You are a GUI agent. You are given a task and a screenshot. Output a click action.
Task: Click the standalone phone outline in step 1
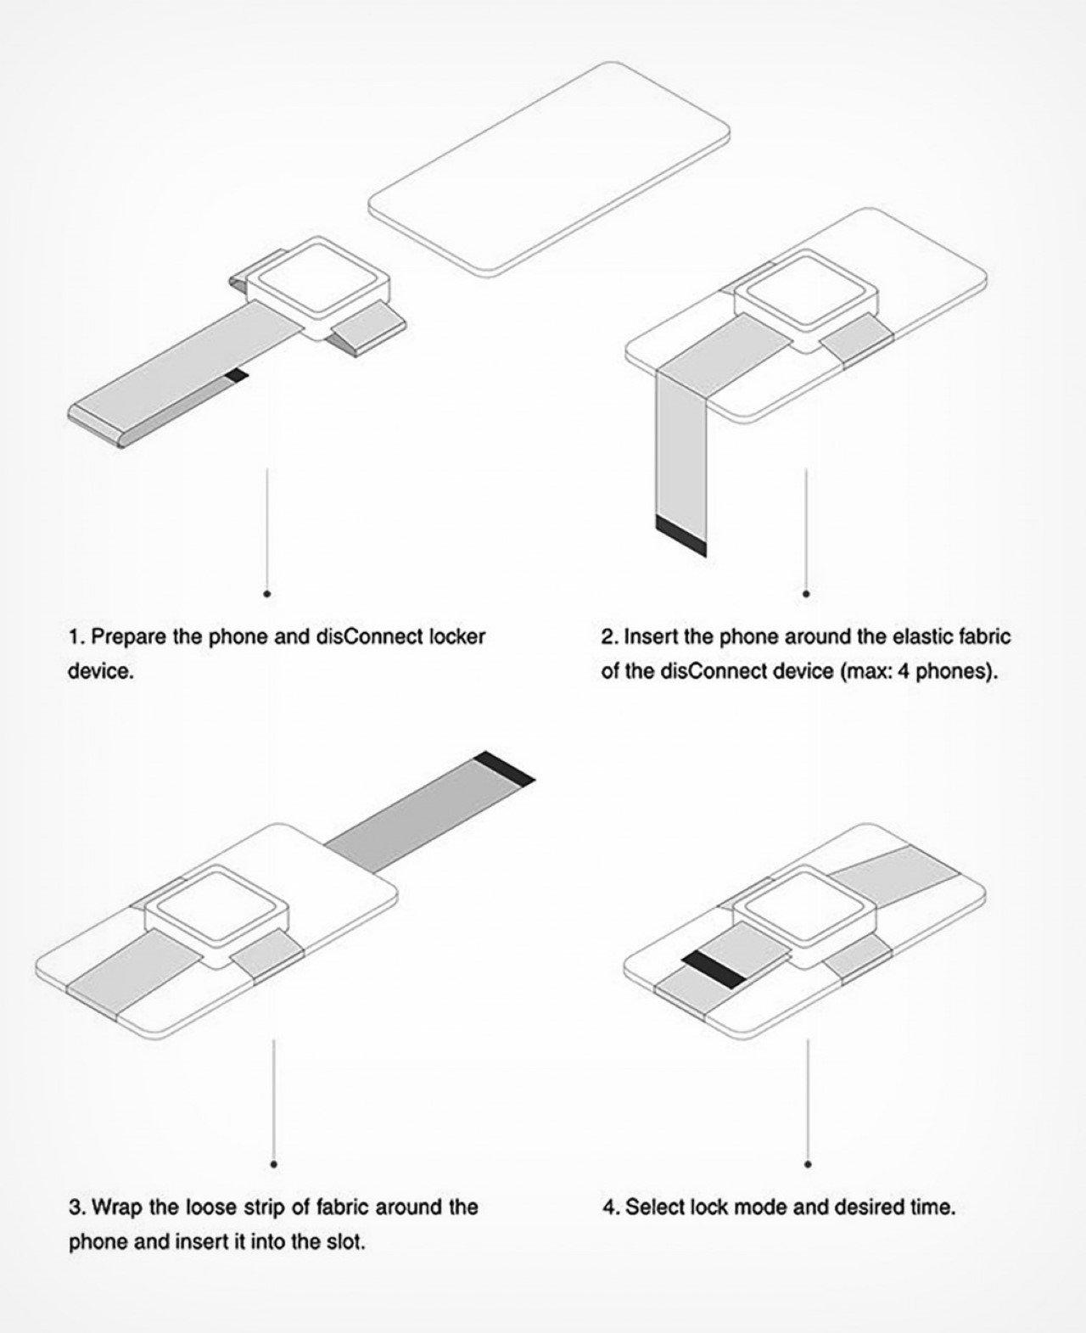[x=549, y=169]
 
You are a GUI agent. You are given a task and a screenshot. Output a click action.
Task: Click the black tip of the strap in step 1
[x=237, y=375]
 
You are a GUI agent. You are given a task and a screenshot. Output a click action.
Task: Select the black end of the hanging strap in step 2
[x=680, y=535]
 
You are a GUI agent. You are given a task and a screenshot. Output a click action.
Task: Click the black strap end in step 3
[x=505, y=768]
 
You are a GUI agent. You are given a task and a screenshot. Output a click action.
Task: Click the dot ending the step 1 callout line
[x=267, y=594]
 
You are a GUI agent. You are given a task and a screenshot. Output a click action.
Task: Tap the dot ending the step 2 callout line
[x=806, y=594]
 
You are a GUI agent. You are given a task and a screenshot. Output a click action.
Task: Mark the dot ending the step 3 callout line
[x=273, y=1165]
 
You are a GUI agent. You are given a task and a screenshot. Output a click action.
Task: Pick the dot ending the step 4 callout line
[x=808, y=1165]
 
